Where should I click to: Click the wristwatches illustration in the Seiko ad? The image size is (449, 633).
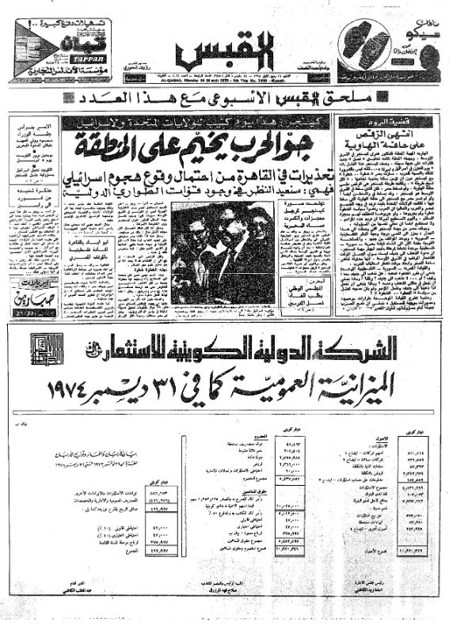(365, 50)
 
